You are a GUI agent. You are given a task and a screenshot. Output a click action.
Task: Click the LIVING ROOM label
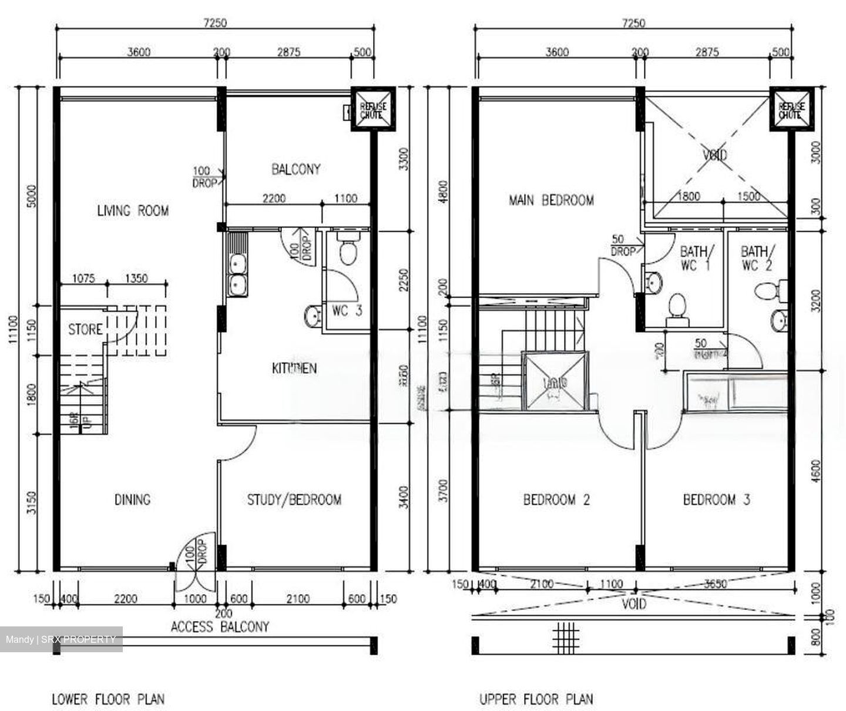coord(133,210)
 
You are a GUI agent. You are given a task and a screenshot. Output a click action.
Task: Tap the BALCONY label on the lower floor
coord(296,170)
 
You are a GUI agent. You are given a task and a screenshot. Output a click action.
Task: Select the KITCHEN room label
coord(294,368)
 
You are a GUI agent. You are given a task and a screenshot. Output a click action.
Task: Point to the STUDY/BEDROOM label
coord(294,500)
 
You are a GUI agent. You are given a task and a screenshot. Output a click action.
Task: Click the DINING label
coord(132,500)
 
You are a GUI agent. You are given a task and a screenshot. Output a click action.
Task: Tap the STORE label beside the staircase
coord(85,330)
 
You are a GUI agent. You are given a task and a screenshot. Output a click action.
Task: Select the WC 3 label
coord(347,310)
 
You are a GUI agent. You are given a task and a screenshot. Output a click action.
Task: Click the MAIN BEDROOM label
coord(551,200)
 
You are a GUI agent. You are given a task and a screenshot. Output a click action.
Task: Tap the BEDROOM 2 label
coord(556,500)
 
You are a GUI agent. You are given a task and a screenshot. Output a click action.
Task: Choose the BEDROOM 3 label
coord(716,500)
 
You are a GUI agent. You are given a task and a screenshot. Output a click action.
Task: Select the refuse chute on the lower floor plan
coord(373,110)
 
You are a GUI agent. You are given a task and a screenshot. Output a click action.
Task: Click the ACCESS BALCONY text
coord(220,627)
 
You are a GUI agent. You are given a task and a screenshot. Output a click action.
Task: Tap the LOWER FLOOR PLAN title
coord(108,699)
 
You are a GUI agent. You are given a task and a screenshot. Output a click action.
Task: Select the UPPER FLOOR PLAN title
coord(536,699)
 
